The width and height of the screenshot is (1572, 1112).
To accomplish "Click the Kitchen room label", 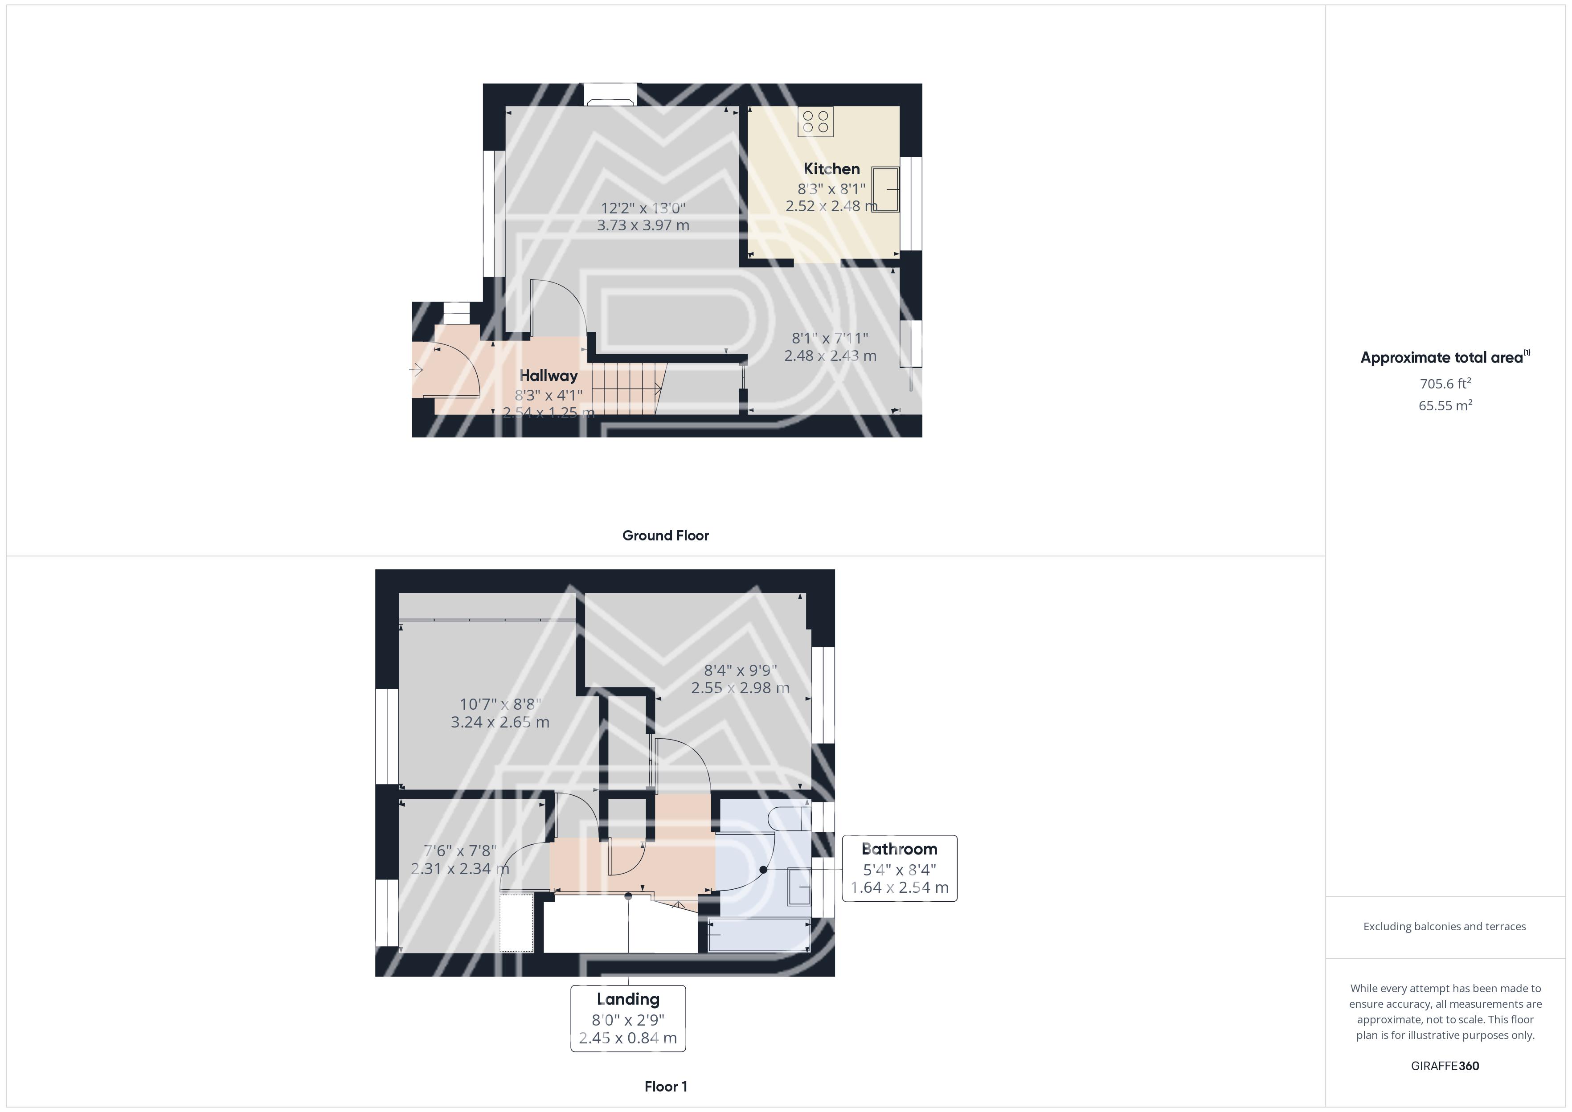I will click(x=831, y=168).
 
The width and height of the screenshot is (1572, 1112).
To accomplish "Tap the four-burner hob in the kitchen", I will click(x=815, y=122).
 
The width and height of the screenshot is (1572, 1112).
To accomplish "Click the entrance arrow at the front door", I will click(x=416, y=370).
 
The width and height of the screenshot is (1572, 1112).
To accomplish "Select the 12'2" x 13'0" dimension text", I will click(x=643, y=208).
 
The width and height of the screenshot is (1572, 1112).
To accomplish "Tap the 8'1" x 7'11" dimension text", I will click(x=830, y=338).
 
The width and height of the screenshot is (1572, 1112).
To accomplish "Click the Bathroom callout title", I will click(x=899, y=849).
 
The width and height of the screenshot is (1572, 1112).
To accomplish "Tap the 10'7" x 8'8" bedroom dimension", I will click(x=500, y=704).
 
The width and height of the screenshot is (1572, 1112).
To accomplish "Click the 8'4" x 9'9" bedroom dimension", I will click(x=740, y=670).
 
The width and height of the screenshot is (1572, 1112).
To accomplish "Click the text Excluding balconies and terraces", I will click(x=1445, y=926).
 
